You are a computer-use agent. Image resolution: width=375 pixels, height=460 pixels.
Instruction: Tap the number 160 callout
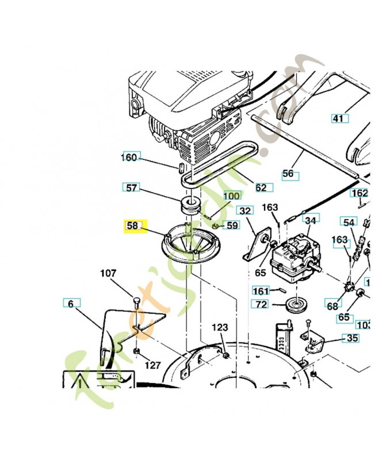click(130, 158)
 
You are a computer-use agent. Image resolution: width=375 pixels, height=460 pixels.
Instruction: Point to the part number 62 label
click(261, 187)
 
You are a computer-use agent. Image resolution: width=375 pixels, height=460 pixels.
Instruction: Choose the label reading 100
click(231, 196)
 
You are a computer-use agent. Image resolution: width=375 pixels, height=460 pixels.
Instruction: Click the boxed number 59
click(231, 225)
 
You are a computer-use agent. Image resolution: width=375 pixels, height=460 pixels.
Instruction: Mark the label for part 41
click(339, 118)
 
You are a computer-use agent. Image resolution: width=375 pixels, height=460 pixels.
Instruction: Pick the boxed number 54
click(349, 222)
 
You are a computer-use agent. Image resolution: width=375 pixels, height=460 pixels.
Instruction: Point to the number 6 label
click(71, 303)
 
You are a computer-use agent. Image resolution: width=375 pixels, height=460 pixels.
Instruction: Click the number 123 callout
click(219, 327)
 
